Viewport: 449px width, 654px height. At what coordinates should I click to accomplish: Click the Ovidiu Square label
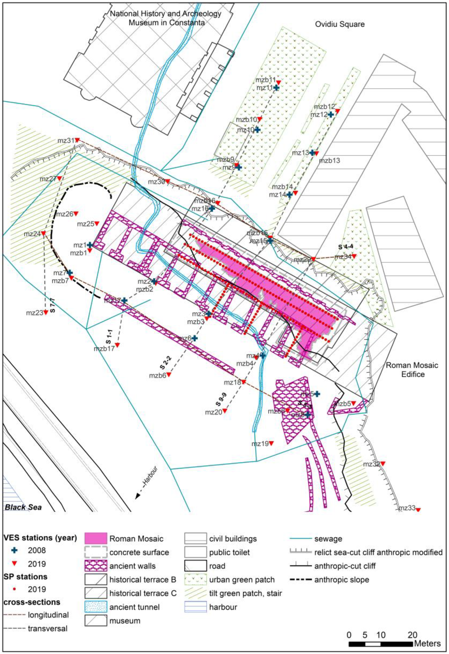point(339,24)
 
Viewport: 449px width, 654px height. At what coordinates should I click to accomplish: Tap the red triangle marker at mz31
point(77,140)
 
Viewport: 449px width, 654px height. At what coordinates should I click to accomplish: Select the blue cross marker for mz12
point(331,114)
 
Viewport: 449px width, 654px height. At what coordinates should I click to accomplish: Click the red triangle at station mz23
point(46,312)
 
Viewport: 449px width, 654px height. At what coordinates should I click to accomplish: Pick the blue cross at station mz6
point(194,338)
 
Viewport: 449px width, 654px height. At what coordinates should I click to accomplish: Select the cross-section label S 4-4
point(345,247)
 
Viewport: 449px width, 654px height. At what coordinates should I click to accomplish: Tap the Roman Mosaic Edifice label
point(412,370)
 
